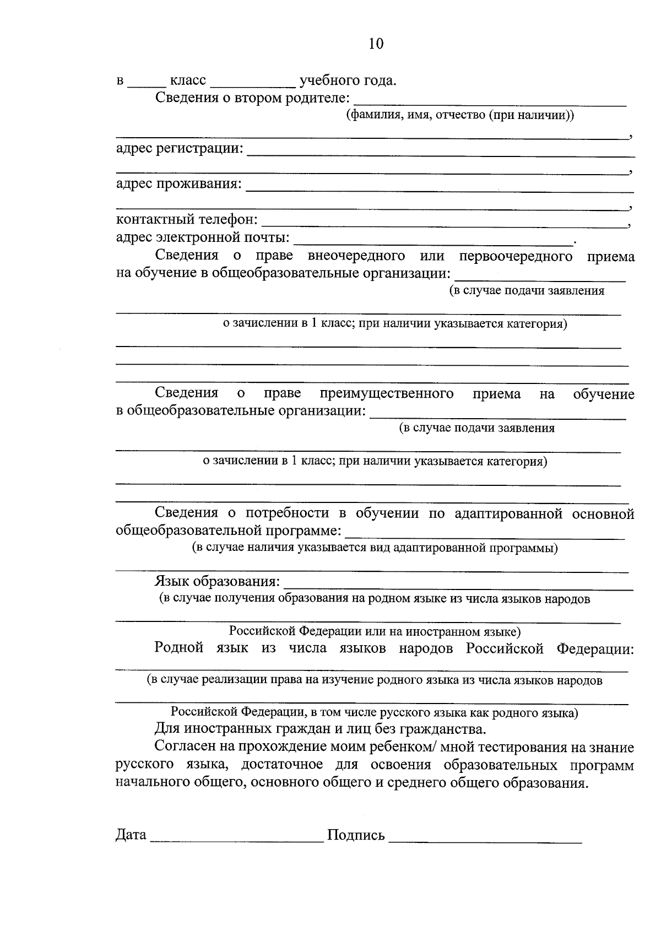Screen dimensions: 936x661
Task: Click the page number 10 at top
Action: coord(376,44)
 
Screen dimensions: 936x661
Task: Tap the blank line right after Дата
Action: coord(237,841)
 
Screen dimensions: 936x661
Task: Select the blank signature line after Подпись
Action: coord(485,841)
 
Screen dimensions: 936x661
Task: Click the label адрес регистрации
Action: coord(180,148)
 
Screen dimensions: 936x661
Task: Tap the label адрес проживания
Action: coord(178,183)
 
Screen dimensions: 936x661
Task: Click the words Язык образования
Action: coord(217,582)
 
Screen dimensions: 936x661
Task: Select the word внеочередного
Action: coord(356,256)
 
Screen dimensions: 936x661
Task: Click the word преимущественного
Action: coord(387,393)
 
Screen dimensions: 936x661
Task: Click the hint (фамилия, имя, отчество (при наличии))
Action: coord(460,115)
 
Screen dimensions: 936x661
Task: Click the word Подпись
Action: coord(356,835)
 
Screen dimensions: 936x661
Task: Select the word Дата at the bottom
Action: coord(131,835)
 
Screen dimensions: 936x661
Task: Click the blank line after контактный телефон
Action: coord(443,225)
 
